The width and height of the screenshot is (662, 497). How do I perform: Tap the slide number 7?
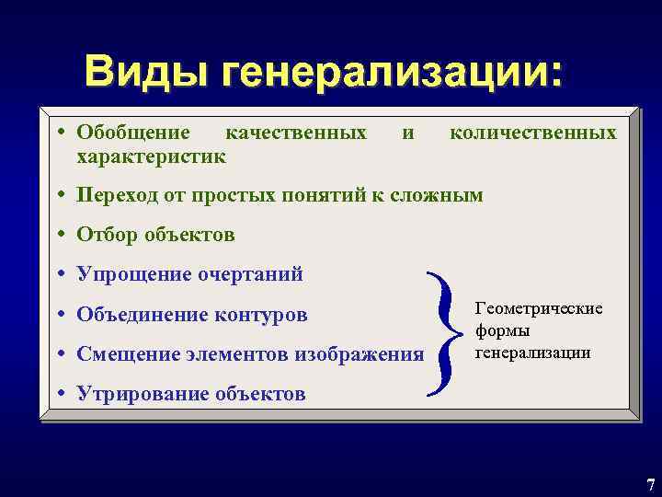(649, 484)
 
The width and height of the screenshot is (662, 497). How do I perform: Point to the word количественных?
(532, 133)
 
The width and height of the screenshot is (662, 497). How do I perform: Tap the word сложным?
(440, 195)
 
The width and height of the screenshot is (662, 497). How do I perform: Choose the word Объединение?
(143, 315)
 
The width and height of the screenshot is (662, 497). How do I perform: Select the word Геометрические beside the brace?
(539, 308)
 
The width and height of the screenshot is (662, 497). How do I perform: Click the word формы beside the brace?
(503, 330)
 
